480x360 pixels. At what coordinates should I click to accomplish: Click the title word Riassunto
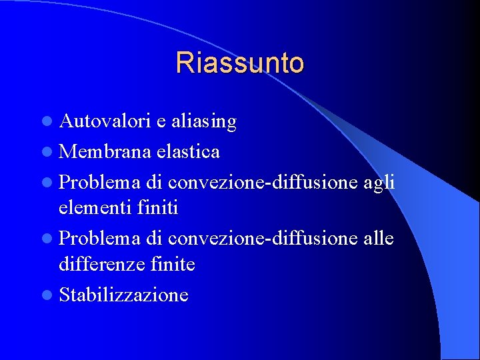(x=240, y=63)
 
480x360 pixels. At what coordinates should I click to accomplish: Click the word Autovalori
(x=105, y=121)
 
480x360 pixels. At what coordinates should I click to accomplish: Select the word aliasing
(x=203, y=121)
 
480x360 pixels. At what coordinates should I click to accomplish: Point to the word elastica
(x=189, y=151)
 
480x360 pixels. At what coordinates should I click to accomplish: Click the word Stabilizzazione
(x=124, y=295)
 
